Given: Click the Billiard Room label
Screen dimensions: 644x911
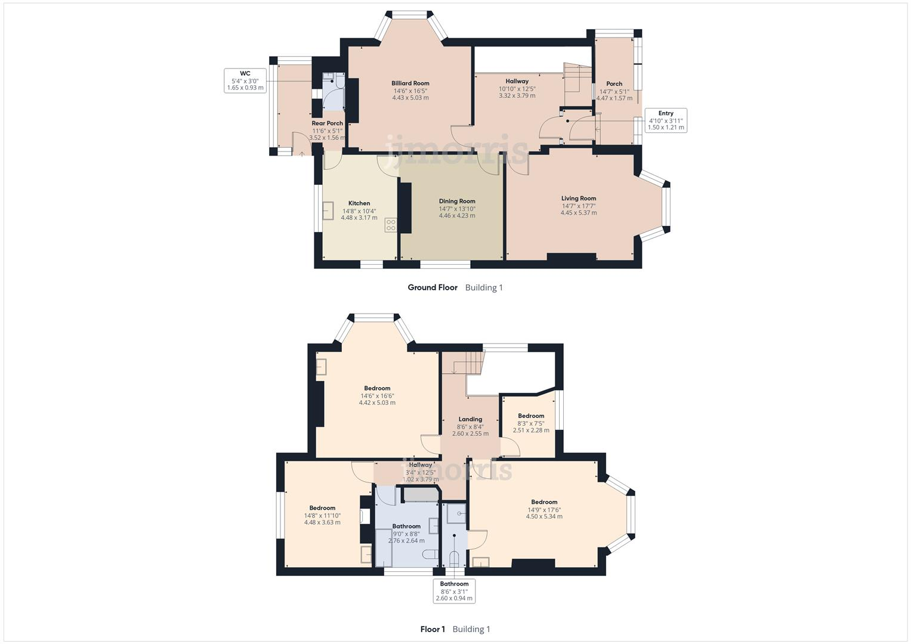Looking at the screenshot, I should pos(410,83).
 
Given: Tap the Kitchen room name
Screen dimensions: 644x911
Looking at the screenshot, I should pos(359,203).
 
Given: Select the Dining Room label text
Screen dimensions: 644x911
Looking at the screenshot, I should pos(457,201).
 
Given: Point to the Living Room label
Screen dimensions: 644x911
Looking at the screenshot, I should pos(578,199).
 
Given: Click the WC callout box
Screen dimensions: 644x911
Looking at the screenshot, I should pos(245,80).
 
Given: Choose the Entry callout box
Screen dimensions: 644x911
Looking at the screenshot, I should pos(665,120).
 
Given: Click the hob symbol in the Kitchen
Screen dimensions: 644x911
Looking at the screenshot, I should pos(391,225).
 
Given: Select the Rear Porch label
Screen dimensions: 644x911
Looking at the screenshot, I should pos(327,123).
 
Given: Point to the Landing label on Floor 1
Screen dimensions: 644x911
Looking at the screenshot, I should pos(470,419).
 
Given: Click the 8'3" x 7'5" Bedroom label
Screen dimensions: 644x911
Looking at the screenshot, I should pos(531,416).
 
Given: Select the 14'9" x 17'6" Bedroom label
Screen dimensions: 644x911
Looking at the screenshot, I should pos(544,502).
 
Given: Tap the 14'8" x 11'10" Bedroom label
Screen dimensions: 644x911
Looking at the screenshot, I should pos(322,508).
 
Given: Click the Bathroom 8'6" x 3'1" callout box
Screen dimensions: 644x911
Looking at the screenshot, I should pos(454,591).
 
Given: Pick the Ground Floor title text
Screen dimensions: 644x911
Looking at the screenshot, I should pos(433,287).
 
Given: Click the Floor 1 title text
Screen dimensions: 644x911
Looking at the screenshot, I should pos(433,629).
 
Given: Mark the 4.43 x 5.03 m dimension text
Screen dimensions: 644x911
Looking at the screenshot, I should pos(410,98).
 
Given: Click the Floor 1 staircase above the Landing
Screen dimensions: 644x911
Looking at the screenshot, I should pos(462,363).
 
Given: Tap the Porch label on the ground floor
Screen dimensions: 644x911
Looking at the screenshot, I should pos(614,84).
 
